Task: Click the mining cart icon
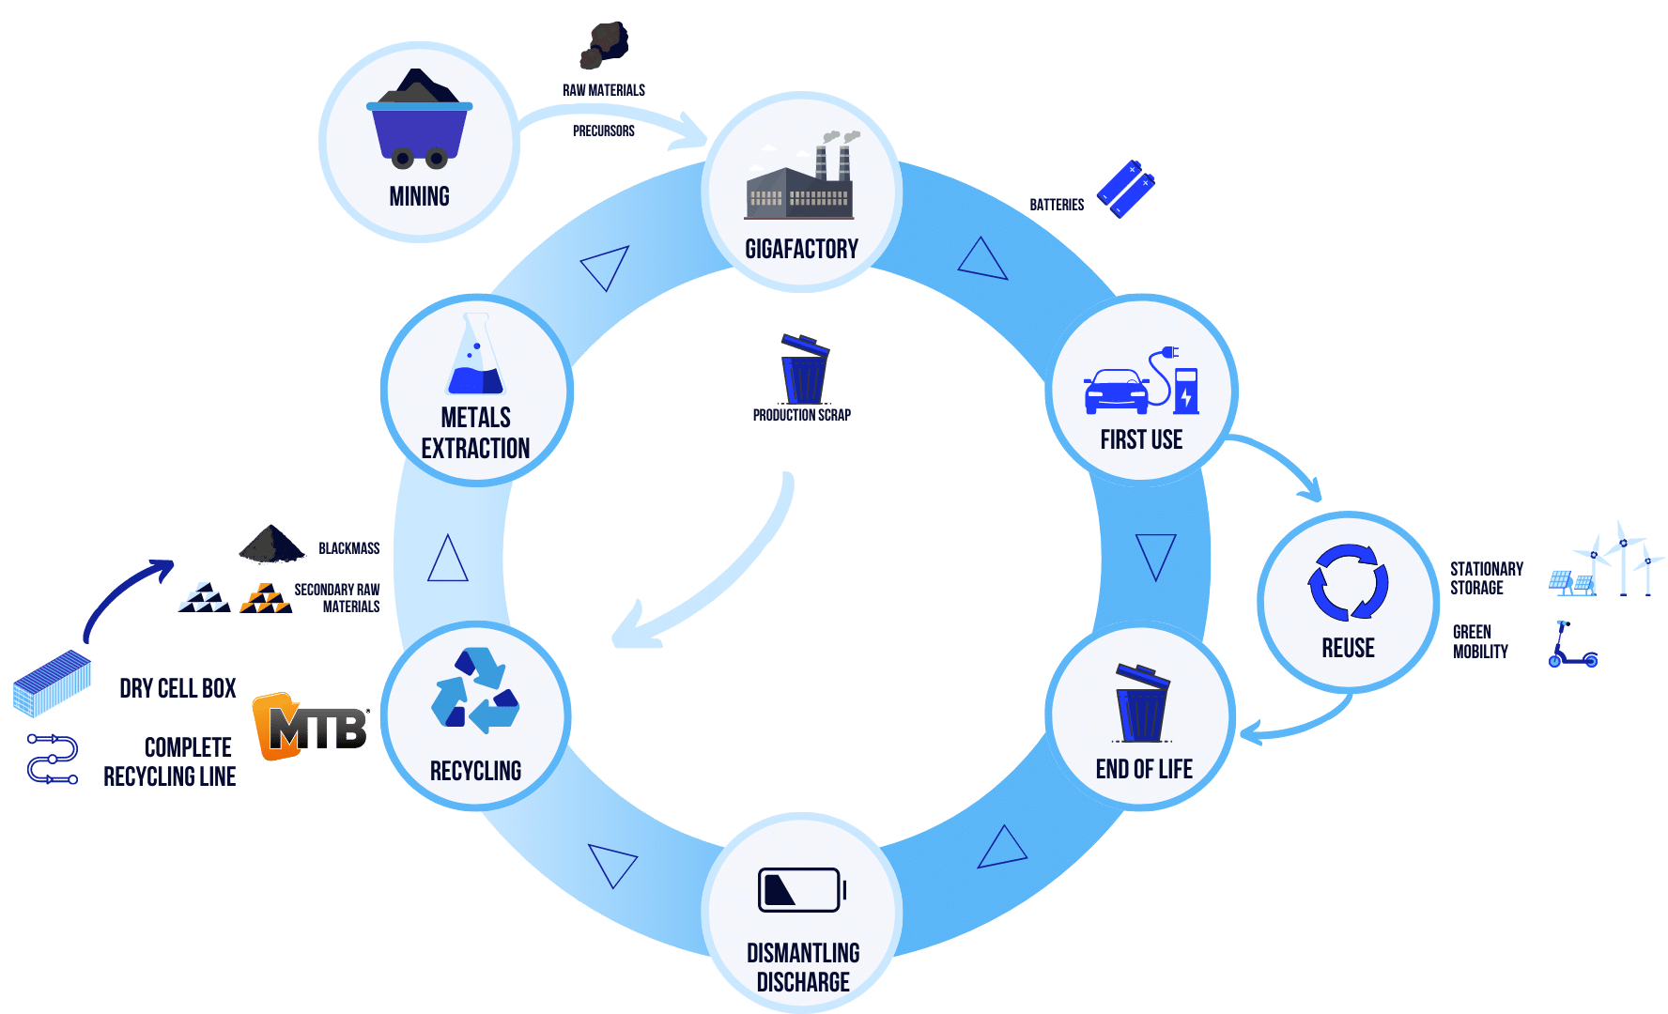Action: click(x=419, y=120)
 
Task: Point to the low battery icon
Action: click(x=801, y=889)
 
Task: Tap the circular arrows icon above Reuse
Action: click(x=1348, y=582)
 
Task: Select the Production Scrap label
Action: click(x=801, y=415)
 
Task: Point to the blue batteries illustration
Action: click(x=1125, y=188)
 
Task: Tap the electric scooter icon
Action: click(x=1570, y=645)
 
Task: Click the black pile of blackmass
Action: click(x=271, y=545)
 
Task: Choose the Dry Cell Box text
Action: click(x=178, y=688)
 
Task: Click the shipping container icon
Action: click(x=53, y=683)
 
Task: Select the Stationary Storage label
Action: click(x=1486, y=578)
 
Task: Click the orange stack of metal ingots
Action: click(x=265, y=598)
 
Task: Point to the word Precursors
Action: click(x=604, y=131)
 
